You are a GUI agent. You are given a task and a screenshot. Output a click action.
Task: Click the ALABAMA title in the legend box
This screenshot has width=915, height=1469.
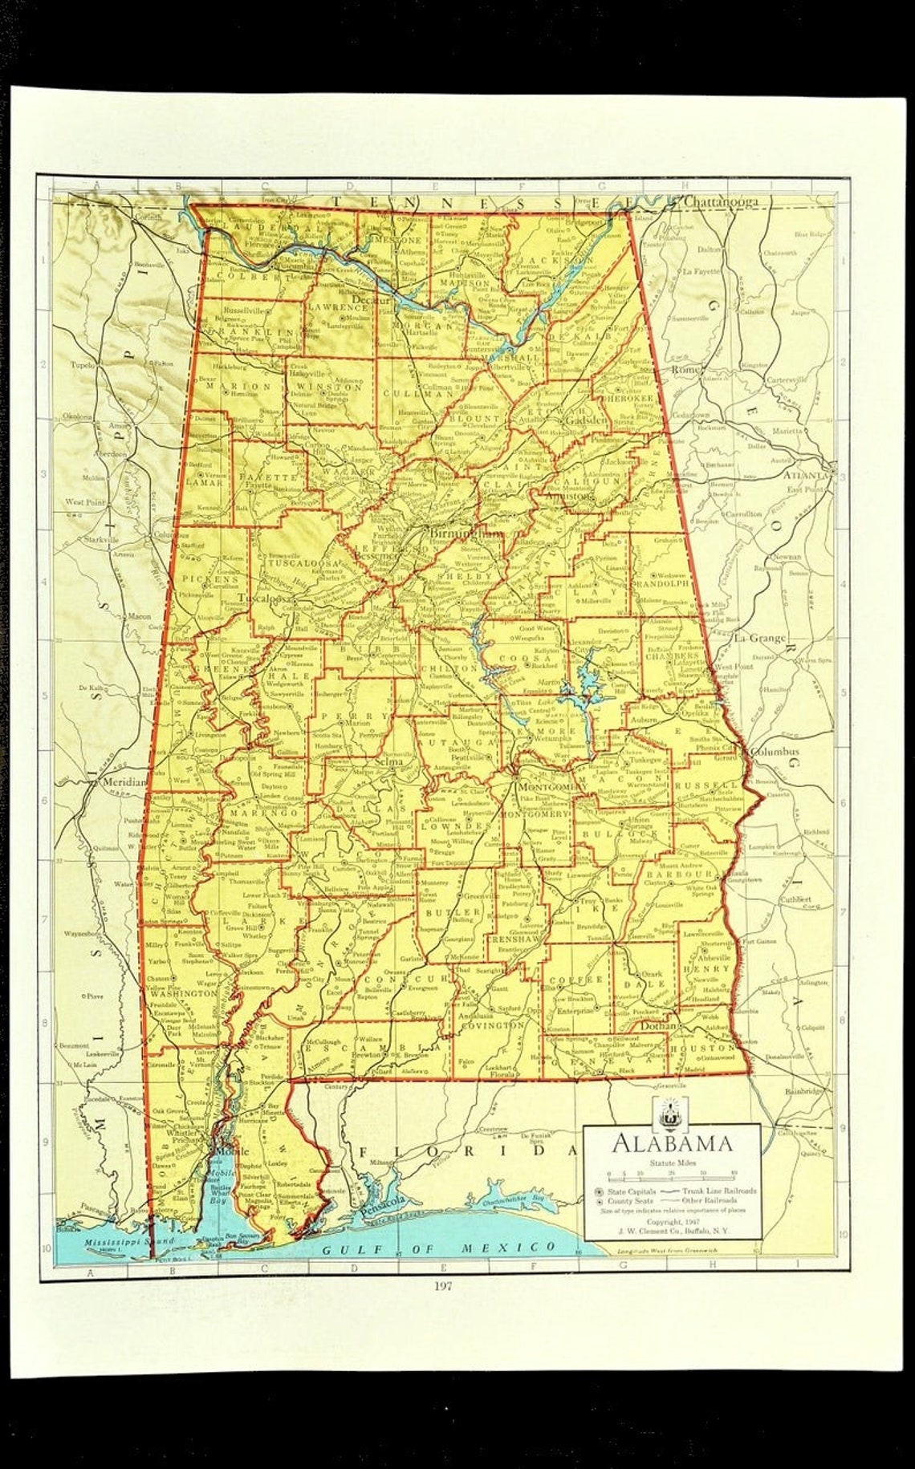(x=673, y=1142)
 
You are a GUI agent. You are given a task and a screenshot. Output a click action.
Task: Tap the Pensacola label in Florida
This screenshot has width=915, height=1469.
(x=385, y=1210)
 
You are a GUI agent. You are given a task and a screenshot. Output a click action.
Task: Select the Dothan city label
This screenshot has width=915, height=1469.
(x=658, y=1025)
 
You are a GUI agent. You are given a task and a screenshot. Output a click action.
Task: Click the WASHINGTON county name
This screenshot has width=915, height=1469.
(x=184, y=993)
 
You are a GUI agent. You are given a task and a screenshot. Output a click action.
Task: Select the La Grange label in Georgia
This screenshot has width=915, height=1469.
(x=759, y=638)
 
